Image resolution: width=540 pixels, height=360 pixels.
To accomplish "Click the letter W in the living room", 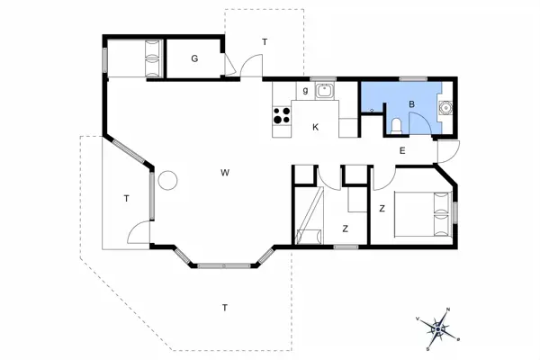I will click(x=223, y=172).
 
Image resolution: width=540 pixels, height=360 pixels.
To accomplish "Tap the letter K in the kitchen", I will click(x=315, y=127).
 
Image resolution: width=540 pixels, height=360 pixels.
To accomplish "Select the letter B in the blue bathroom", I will click(x=410, y=104).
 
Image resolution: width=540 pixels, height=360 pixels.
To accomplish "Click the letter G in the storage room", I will click(x=193, y=59).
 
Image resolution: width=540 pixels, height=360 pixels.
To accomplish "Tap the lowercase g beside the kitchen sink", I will click(x=306, y=90).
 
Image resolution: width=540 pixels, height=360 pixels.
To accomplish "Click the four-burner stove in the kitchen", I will click(x=281, y=115).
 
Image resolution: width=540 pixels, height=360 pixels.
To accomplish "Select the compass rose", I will click(x=437, y=330).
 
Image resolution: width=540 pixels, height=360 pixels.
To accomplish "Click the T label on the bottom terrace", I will click(x=223, y=308).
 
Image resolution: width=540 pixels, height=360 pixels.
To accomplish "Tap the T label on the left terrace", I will click(x=126, y=199).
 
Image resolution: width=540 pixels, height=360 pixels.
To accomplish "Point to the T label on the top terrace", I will click(x=265, y=42).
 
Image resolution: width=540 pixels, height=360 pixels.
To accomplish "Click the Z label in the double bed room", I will click(x=382, y=209).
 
